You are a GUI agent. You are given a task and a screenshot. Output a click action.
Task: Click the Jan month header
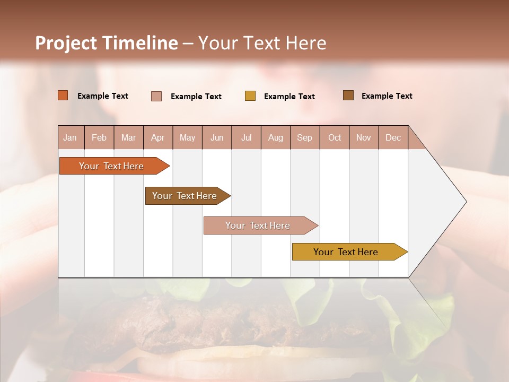[x=70, y=137]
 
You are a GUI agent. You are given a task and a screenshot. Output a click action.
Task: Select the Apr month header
[x=157, y=137]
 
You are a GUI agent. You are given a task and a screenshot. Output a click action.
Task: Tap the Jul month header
[x=246, y=137]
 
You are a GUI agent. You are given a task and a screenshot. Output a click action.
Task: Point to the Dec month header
[x=393, y=137]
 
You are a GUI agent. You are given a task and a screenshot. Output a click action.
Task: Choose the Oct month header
[x=335, y=137]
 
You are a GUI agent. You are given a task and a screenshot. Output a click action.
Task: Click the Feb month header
[x=99, y=137]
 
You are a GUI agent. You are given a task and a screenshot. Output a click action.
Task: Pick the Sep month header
[x=304, y=137]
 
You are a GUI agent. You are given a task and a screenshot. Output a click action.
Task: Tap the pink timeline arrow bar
[x=258, y=225]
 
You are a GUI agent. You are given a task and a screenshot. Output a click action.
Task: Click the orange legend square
[x=63, y=95]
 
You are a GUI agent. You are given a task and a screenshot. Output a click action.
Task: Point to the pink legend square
[x=156, y=96]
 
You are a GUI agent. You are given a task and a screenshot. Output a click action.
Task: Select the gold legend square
[x=250, y=96]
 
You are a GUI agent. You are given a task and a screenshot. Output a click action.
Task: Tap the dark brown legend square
[x=348, y=95]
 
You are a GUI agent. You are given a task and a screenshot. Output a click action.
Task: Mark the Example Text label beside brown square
[x=387, y=96]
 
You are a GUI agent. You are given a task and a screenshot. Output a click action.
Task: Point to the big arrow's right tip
[x=465, y=202]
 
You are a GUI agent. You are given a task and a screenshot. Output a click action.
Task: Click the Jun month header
[x=217, y=137]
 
